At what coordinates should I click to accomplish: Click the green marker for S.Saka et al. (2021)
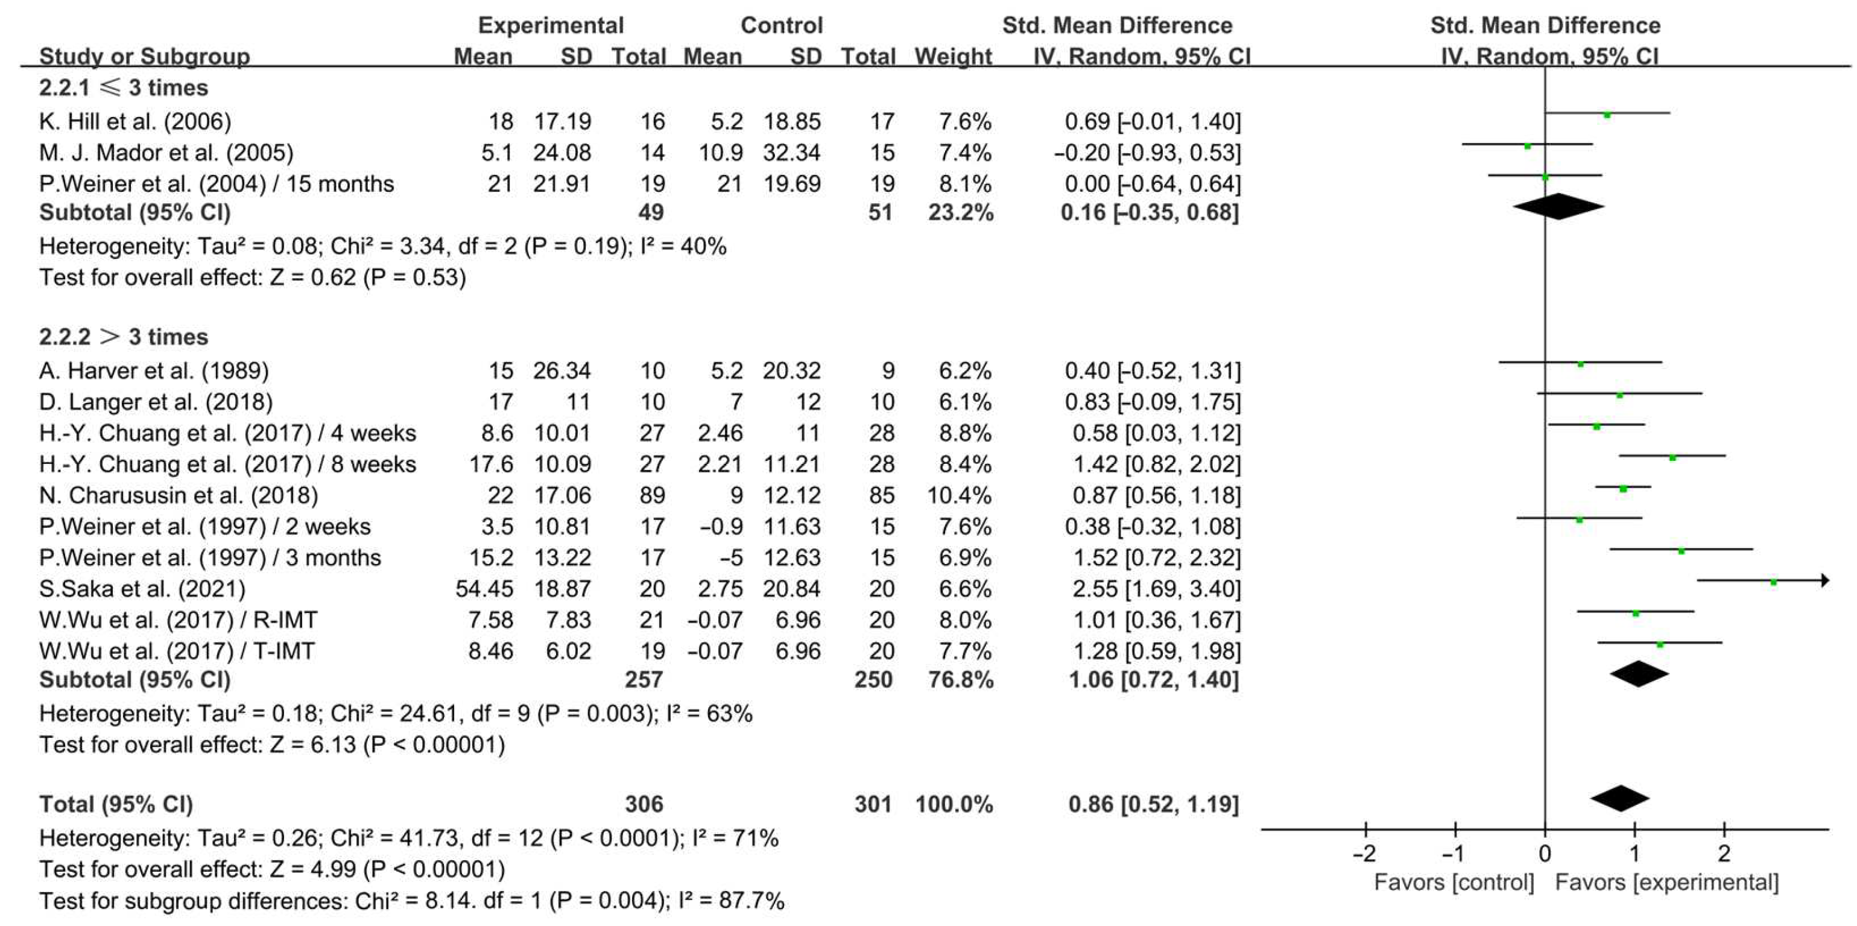point(1773,582)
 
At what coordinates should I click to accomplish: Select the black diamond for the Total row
point(1621,798)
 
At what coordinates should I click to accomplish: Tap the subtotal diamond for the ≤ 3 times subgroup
point(1558,207)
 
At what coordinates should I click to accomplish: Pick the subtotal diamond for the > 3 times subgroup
point(1639,674)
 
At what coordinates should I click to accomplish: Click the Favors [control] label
point(1454,883)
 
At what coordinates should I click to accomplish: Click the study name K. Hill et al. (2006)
point(135,121)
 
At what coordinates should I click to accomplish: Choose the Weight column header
point(953,56)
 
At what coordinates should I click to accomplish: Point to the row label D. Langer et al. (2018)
point(156,402)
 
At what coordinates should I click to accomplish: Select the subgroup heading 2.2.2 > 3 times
point(123,337)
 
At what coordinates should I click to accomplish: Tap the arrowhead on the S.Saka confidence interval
point(1824,580)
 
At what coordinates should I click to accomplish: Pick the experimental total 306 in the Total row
point(644,804)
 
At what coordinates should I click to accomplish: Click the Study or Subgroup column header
point(144,56)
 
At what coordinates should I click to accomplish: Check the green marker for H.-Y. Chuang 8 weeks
point(1672,458)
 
